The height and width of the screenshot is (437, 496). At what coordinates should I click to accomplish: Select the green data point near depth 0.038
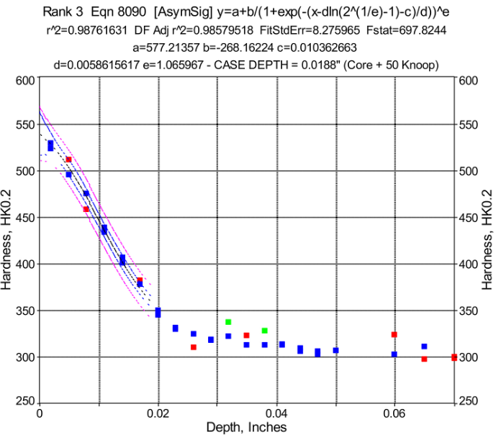click(264, 331)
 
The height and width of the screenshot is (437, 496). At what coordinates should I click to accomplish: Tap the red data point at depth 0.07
click(454, 357)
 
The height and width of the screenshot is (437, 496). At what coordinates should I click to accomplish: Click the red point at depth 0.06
click(394, 334)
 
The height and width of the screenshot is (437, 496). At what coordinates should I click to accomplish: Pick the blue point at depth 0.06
click(394, 354)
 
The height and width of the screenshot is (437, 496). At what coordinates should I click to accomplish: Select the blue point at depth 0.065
click(424, 346)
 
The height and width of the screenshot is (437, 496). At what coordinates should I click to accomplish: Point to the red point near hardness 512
click(68, 160)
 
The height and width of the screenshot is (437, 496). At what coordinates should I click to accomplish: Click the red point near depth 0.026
click(193, 347)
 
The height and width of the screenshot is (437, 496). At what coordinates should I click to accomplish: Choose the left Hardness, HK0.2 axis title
click(9, 239)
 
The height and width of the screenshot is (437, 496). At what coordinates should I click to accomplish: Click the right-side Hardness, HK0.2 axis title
click(487, 239)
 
